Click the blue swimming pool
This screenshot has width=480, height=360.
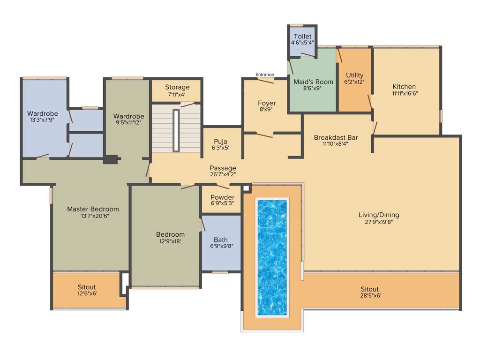coord(272,257)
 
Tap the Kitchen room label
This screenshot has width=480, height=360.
coord(404,87)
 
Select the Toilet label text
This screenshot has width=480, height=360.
coord(302,37)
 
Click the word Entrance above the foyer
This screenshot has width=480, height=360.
coord(264,75)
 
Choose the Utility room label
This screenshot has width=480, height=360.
coord(354,75)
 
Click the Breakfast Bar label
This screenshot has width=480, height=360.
coord(336,137)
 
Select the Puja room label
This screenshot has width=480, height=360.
coord(220,141)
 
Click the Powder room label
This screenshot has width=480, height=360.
coord(222,197)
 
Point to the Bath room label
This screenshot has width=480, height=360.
coord(220,240)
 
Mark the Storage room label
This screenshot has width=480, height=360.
coord(177,87)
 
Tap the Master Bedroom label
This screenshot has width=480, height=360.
coord(93,209)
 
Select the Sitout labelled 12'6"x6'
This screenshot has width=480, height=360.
coord(87,287)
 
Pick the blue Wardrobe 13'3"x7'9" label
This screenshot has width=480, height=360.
coord(43,113)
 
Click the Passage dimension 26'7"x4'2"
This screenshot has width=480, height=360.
coord(223,174)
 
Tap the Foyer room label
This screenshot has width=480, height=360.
coord(267,103)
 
